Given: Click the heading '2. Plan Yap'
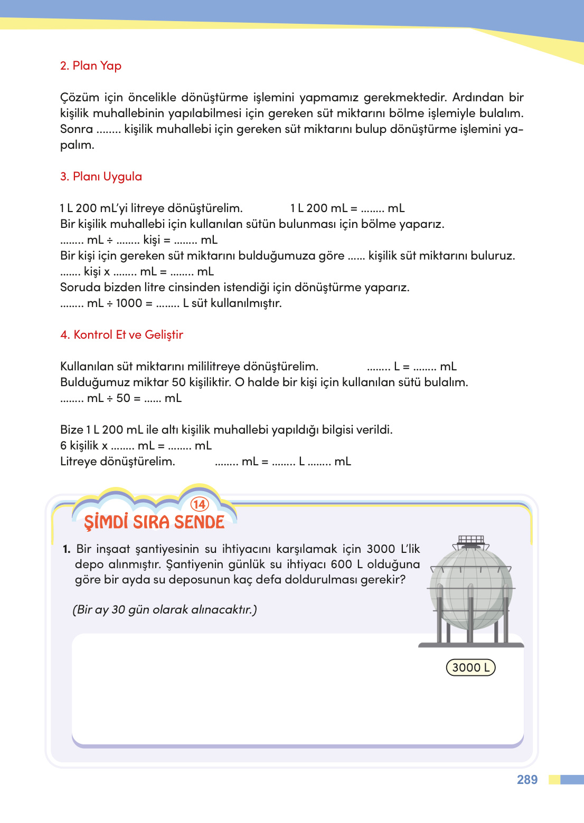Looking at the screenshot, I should pyautogui.click(x=91, y=66).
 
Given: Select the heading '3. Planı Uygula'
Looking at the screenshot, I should pyautogui.click(x=101, y=177).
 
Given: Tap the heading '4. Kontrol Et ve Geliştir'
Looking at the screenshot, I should pyautogui.click(x=121, y=335).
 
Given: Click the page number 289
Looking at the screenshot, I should pyautogui.click(x=527, y=780).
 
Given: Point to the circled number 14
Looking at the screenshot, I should pyautogui.click(x=200, y=504).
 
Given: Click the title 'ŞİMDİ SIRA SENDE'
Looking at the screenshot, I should pyautogui.click(x=154, y=522).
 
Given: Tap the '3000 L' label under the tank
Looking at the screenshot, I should pyautogui.click(x=470, y=667).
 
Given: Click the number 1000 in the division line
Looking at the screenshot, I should pyautogui.click(x=129, y=303).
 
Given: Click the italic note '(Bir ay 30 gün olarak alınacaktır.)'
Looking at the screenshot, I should pyautogui.click(x=165, y=610).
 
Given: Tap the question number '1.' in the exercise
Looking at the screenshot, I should pyautogui.click(x=67, y=549).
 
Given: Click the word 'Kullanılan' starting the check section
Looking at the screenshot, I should pyautogui.click(x=87, y=367).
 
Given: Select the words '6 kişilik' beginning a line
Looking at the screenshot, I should pyautogui.click(x=79, y=446).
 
